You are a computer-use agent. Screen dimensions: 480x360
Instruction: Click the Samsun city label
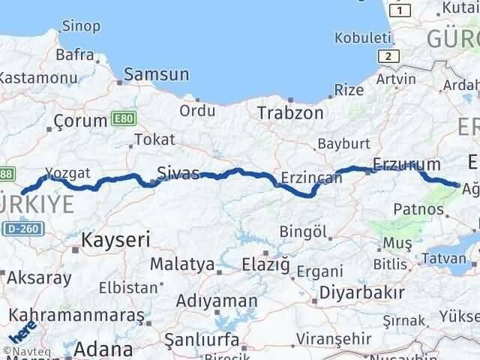(156, 75)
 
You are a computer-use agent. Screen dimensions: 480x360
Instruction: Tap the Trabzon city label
(290, 113)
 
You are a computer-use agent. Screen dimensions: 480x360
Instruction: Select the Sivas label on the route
(178, 174)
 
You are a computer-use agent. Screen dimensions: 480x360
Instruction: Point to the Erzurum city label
(406, 164)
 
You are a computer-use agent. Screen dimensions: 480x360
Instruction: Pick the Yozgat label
(67, 173)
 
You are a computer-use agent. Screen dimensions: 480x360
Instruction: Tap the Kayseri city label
(116, 239)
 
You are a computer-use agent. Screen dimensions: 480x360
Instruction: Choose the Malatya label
(177, 264)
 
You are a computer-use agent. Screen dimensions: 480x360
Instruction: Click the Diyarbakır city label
(362, 292)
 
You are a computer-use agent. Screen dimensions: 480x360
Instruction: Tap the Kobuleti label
(364, 38)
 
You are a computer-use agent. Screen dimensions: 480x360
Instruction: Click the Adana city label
(104, 349)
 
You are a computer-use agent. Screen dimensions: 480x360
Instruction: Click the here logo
(21, 331)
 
